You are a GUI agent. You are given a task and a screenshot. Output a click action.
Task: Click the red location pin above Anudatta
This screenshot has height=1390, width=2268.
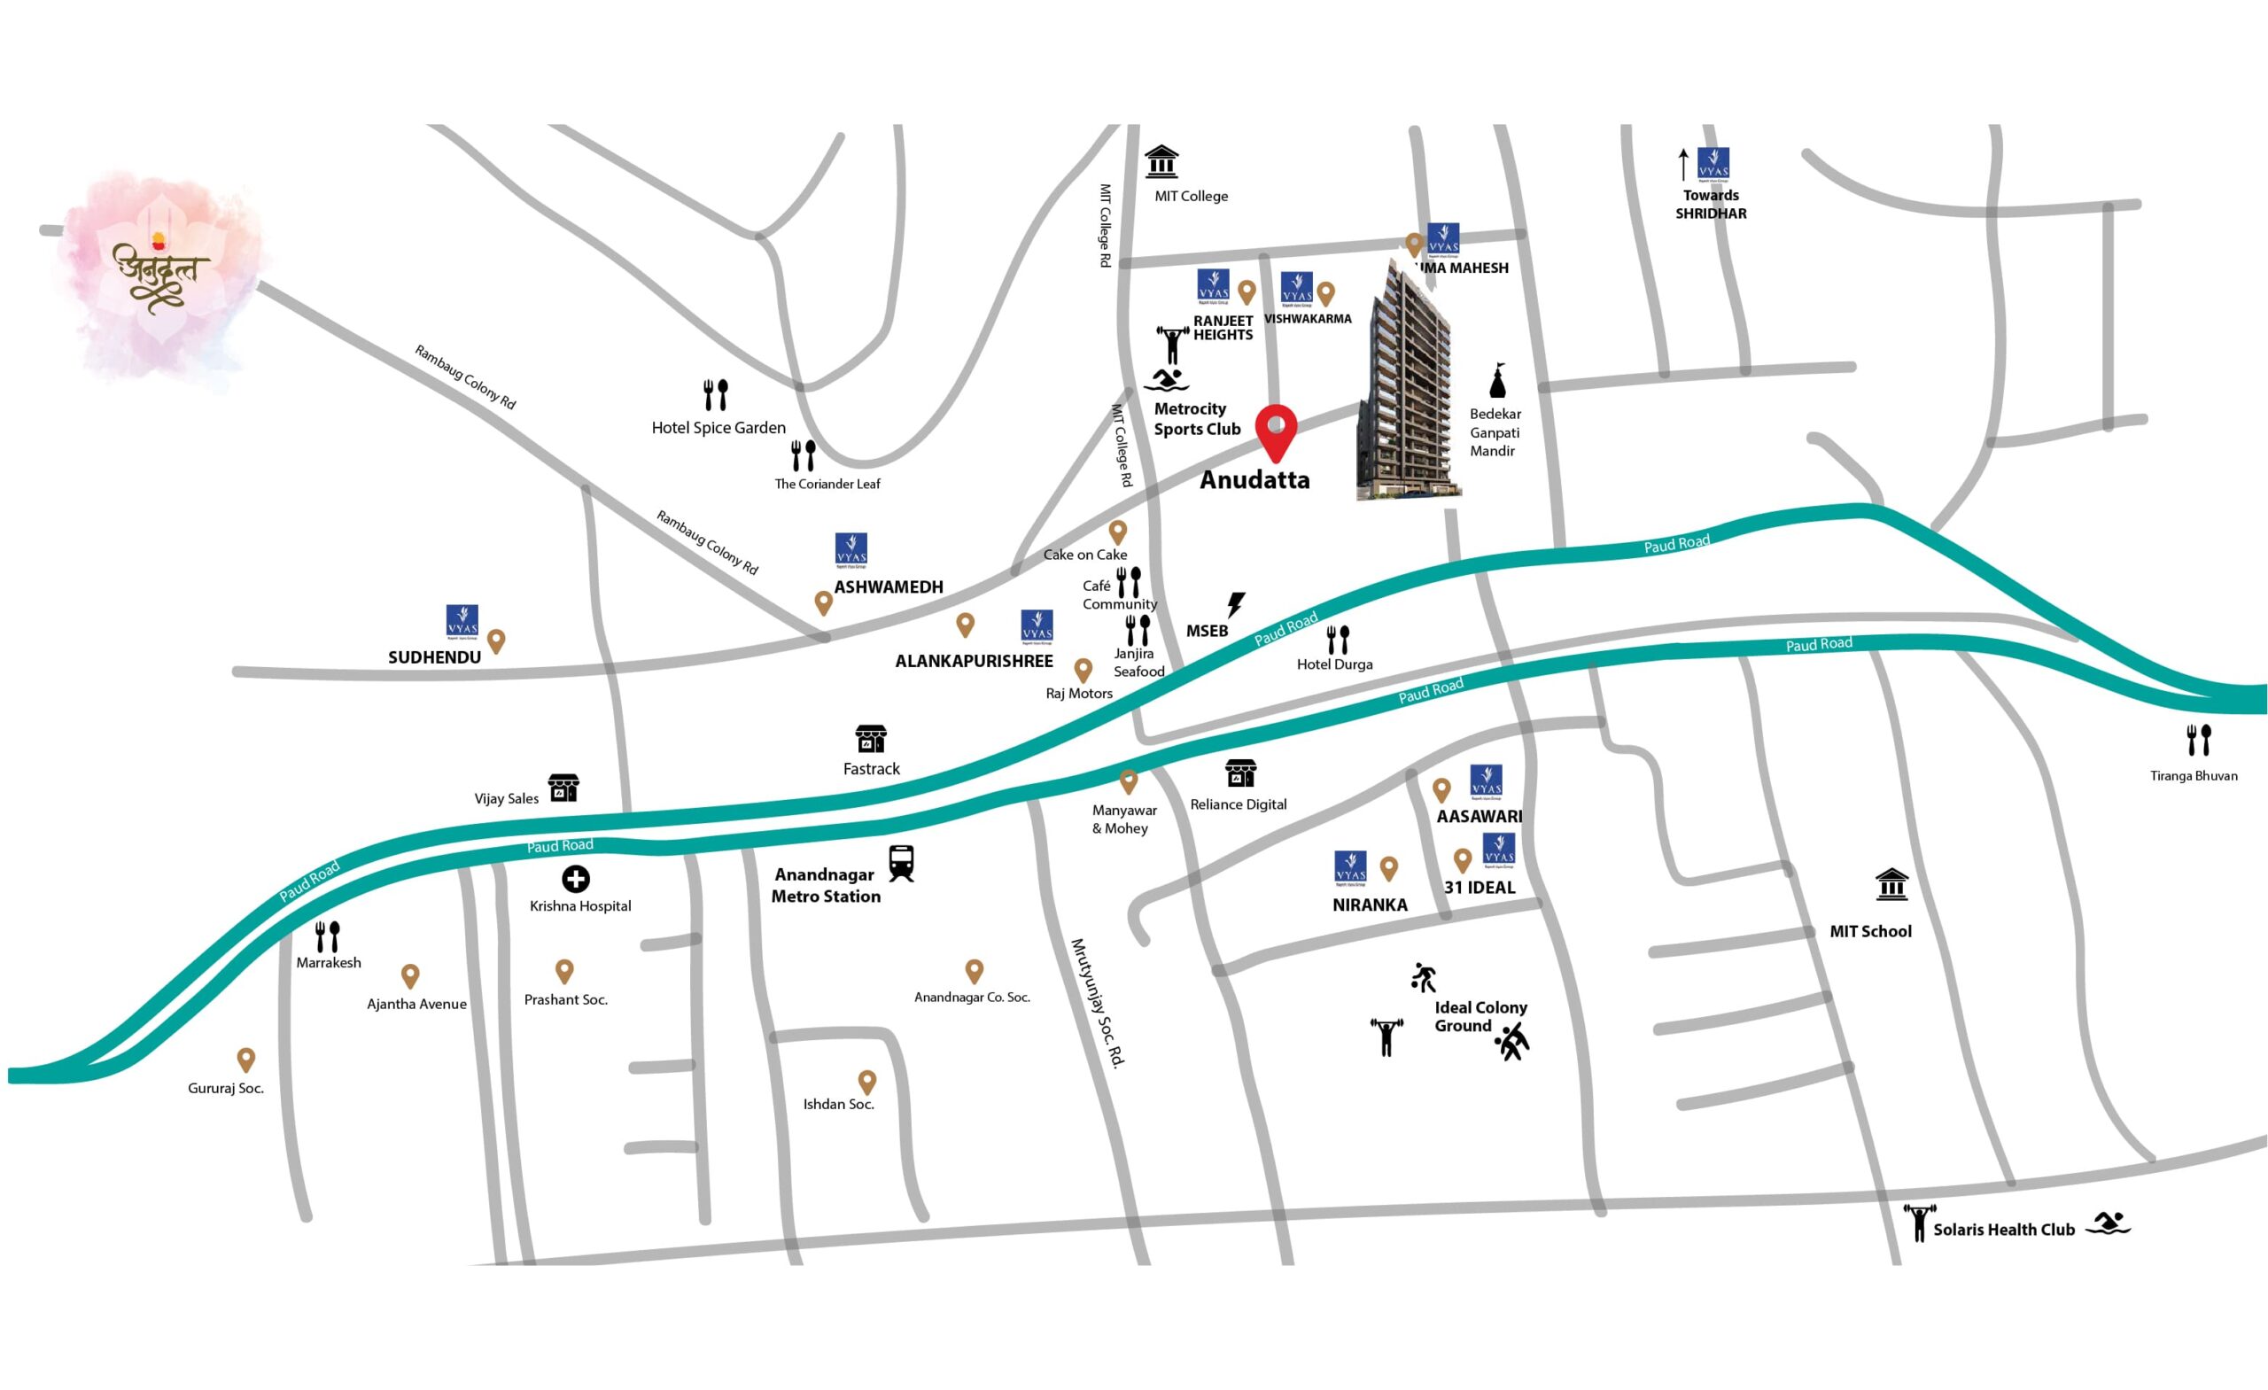tap(1277, 431)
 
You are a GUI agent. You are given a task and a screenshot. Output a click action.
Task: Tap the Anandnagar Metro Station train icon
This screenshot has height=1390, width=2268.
tap(901, 864)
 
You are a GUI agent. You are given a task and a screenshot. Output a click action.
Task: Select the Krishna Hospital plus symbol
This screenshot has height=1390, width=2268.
tap(576, 879)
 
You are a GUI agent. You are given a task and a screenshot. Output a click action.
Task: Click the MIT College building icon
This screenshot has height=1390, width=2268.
tap(1161, 161)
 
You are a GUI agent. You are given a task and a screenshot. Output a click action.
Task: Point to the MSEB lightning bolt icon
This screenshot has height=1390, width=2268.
tap(1236, 605)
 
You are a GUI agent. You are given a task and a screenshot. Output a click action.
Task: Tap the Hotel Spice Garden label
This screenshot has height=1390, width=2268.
tap(718, 427)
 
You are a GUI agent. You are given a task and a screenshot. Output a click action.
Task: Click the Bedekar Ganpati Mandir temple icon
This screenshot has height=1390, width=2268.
tap(1497, 380)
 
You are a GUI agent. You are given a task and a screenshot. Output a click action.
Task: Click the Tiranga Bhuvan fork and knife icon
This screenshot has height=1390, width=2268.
tap(2199, 740)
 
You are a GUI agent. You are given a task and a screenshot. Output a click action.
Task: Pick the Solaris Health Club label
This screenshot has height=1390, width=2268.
tap(2004, 1229)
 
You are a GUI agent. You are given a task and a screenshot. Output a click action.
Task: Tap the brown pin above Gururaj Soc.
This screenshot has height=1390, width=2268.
tap(245, 1060)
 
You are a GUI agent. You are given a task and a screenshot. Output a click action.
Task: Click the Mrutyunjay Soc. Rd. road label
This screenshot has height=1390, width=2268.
tap(1098, 1003)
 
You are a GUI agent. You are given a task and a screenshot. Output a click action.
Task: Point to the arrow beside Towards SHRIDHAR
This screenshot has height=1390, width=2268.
tap(1683, 164)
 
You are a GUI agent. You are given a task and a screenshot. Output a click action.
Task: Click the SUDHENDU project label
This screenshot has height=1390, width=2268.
tap(434, 657)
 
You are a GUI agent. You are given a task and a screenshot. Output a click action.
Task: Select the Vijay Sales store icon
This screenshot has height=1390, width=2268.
tap(563, 788)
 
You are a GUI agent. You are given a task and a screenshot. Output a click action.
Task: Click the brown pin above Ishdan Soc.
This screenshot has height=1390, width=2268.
tap(866, 1082)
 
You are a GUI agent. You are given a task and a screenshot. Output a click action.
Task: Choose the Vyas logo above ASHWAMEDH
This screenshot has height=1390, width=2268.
tap(851, 549)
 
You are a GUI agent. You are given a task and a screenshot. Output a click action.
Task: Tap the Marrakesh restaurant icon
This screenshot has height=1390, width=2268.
tap(328, 936)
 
